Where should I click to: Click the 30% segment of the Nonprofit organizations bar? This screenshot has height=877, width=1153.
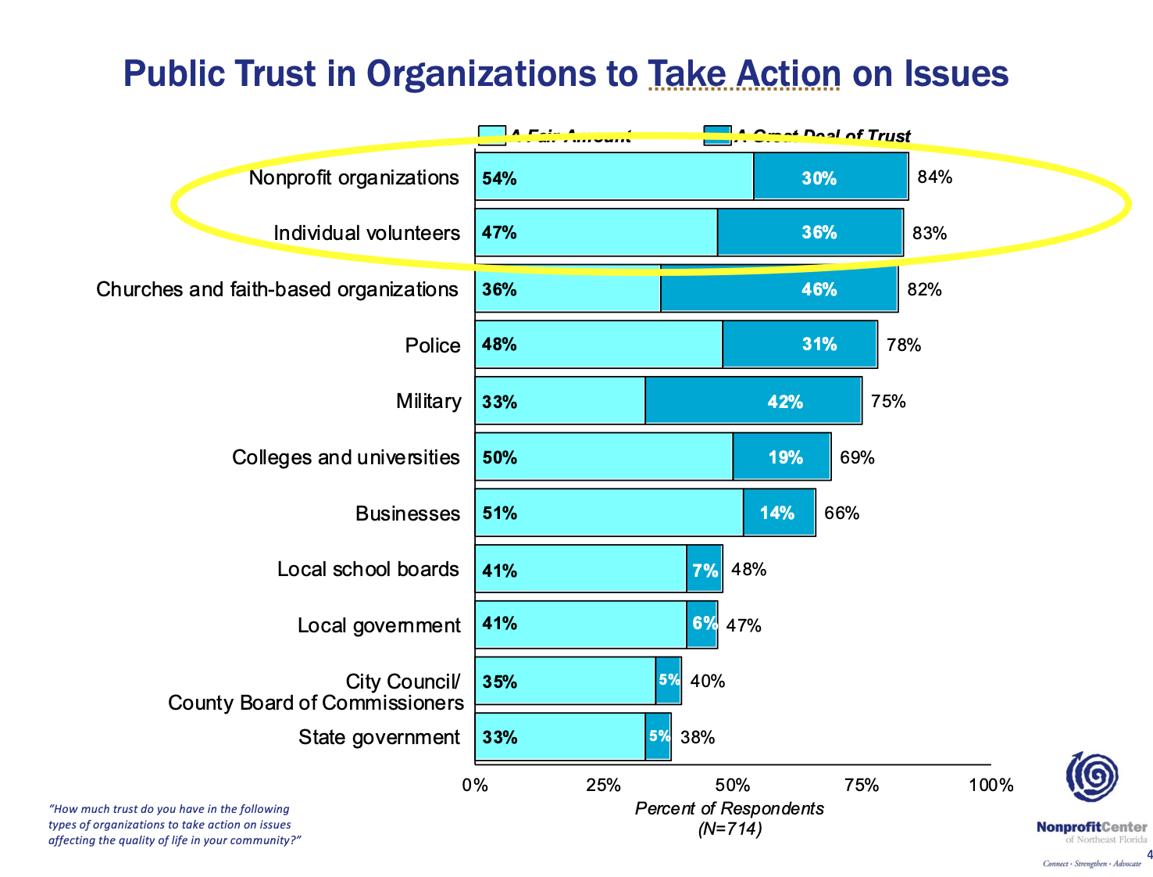(830, 177)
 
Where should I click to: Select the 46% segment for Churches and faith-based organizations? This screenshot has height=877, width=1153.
(779, 289)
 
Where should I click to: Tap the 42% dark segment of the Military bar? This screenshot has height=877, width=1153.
(753, 401)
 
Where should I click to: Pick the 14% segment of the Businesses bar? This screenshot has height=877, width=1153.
(779, 513)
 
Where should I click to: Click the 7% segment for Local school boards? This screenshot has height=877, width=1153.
(705, 570)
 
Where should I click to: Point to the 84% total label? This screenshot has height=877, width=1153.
(934, 177)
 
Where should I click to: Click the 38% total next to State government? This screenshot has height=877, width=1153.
(698, 737)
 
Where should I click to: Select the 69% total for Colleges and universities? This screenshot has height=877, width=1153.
(857, 457)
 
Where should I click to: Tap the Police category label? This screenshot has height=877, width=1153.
(433, 345)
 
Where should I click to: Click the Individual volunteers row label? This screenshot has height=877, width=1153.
(366, 233)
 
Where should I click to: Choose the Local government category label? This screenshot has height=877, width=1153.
(379, 625)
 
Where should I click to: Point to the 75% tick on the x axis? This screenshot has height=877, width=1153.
(862, 785)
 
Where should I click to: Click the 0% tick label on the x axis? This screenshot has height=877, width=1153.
(474, 785)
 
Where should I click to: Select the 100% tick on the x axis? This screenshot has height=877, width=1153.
(991, 785)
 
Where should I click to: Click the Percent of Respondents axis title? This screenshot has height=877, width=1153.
(729, 808)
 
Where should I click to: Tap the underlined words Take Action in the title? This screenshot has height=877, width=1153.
(744, 74)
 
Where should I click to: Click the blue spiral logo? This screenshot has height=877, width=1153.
(1093, 776)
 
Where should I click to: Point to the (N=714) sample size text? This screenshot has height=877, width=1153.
(729, 829)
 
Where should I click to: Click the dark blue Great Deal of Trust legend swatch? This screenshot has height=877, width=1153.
(717, 135)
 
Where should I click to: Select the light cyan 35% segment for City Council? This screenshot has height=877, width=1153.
(565, 681)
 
